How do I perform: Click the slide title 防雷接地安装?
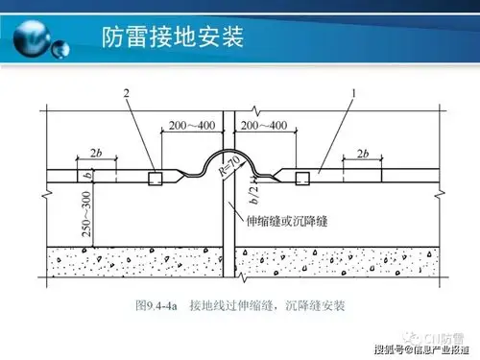[x=172, y=37]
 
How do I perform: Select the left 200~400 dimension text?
[x=190, y=126]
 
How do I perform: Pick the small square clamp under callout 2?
[x=152, y=179]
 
